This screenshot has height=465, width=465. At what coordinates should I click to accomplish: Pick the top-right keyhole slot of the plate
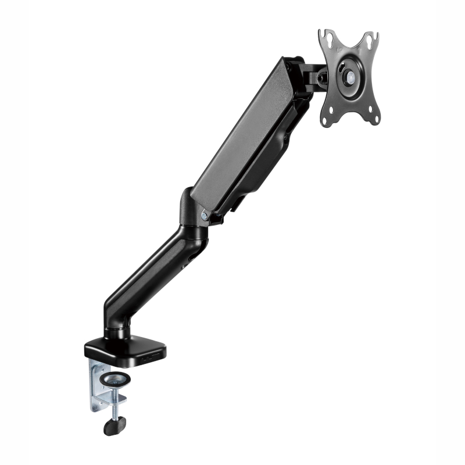click(370, 41)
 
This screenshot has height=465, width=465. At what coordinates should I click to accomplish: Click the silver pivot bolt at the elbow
click(204, 216)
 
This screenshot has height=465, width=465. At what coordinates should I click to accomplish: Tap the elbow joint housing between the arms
click(192, 221)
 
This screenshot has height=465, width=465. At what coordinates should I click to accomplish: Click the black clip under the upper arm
click(216, 220)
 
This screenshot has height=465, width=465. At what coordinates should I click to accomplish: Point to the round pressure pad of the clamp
click(115, 380)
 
